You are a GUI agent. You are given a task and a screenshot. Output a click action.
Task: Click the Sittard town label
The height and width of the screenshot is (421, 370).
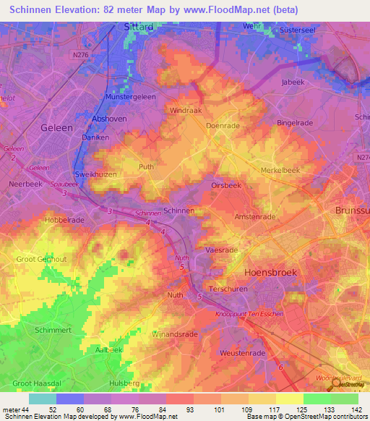pos(137,27)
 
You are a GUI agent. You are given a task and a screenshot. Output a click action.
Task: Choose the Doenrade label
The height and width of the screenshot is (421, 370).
pos(222,125)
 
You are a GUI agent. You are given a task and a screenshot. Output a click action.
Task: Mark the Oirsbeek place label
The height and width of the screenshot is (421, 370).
pos(225,185)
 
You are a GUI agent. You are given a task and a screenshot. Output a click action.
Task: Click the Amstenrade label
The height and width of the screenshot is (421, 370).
pos(255,216)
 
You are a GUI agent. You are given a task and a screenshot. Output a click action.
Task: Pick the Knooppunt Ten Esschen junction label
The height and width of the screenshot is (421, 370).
pos(249,314)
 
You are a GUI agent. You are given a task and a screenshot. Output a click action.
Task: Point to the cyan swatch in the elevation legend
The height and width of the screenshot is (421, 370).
pos(42,399)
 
